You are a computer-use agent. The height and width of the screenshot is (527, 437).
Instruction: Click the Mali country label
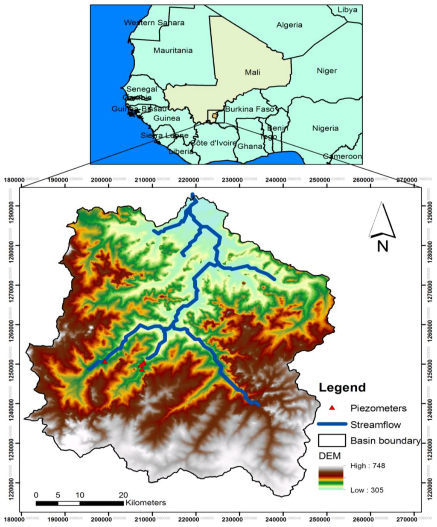[252, 72]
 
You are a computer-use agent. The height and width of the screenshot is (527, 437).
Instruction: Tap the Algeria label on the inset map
[289, 25]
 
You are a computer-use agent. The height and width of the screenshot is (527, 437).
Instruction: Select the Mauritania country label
[173, 51]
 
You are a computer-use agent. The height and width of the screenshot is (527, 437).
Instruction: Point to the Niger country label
[326, 71]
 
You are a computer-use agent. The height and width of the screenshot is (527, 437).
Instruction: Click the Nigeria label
[325, 128]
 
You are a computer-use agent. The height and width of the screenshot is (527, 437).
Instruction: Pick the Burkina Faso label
[250, 109]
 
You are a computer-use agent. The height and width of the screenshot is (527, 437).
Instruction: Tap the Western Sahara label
[154, 23]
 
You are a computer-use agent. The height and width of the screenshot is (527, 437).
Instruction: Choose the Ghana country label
[250, 146]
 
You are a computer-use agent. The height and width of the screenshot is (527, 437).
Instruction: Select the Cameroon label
[342, 156]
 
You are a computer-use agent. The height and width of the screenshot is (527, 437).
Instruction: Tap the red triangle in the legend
[332, 408]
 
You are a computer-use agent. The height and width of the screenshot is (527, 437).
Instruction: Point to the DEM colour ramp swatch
[331, 478]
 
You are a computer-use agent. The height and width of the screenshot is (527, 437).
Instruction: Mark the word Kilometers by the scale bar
[146, 503]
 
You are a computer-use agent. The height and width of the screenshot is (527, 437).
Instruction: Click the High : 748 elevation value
[367, 466]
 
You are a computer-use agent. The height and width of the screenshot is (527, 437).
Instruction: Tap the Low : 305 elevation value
[367, 490]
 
